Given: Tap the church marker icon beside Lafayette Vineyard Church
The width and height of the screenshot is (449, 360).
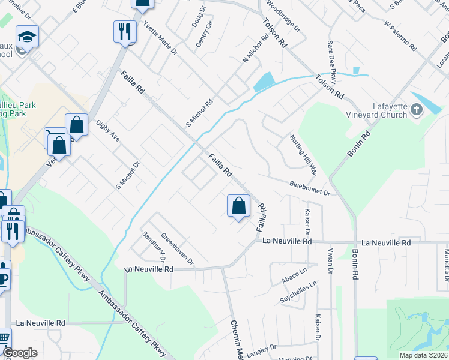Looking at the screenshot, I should [418, 110].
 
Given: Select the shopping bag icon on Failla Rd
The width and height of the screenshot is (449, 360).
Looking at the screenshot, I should [238, 206].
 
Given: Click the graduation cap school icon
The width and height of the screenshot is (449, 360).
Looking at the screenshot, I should [27, 37].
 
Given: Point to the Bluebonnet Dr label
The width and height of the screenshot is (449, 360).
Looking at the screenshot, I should [310, 188].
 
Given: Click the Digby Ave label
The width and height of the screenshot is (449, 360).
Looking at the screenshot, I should [108, 131].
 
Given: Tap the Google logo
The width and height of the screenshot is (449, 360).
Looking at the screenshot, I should [20, 353].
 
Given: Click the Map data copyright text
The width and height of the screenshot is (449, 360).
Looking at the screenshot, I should [424, 355].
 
